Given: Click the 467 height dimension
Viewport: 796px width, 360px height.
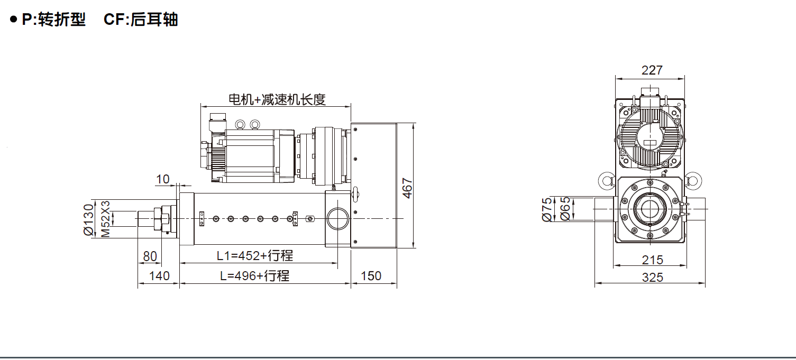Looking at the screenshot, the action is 407,188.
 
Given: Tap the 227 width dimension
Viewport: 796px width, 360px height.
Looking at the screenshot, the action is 652,70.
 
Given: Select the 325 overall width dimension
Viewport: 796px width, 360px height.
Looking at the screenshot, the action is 653,277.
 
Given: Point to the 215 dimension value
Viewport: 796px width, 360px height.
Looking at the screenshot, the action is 653,260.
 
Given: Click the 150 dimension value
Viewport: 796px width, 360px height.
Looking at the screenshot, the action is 371,276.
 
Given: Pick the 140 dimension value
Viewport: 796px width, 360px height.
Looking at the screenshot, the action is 159,276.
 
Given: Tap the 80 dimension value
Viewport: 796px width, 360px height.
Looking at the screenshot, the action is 150,256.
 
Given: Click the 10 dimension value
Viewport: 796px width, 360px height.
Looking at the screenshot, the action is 163,179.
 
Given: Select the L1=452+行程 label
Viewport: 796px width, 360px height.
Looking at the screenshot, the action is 255,255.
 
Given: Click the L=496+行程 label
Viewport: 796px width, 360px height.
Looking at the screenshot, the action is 255,275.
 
